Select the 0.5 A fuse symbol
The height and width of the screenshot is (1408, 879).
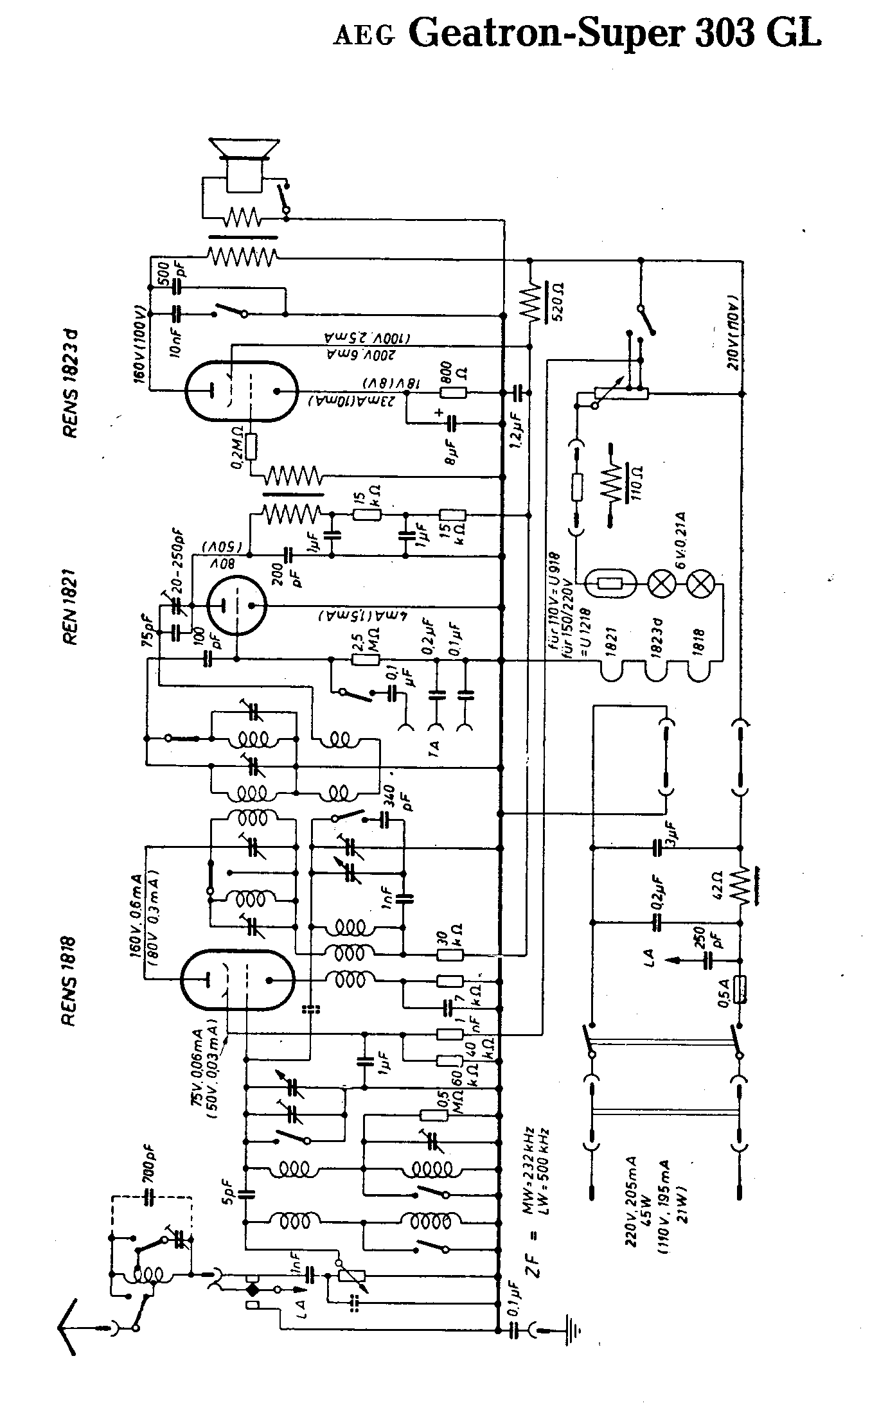741,1008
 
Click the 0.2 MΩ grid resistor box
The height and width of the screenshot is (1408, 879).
251,447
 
